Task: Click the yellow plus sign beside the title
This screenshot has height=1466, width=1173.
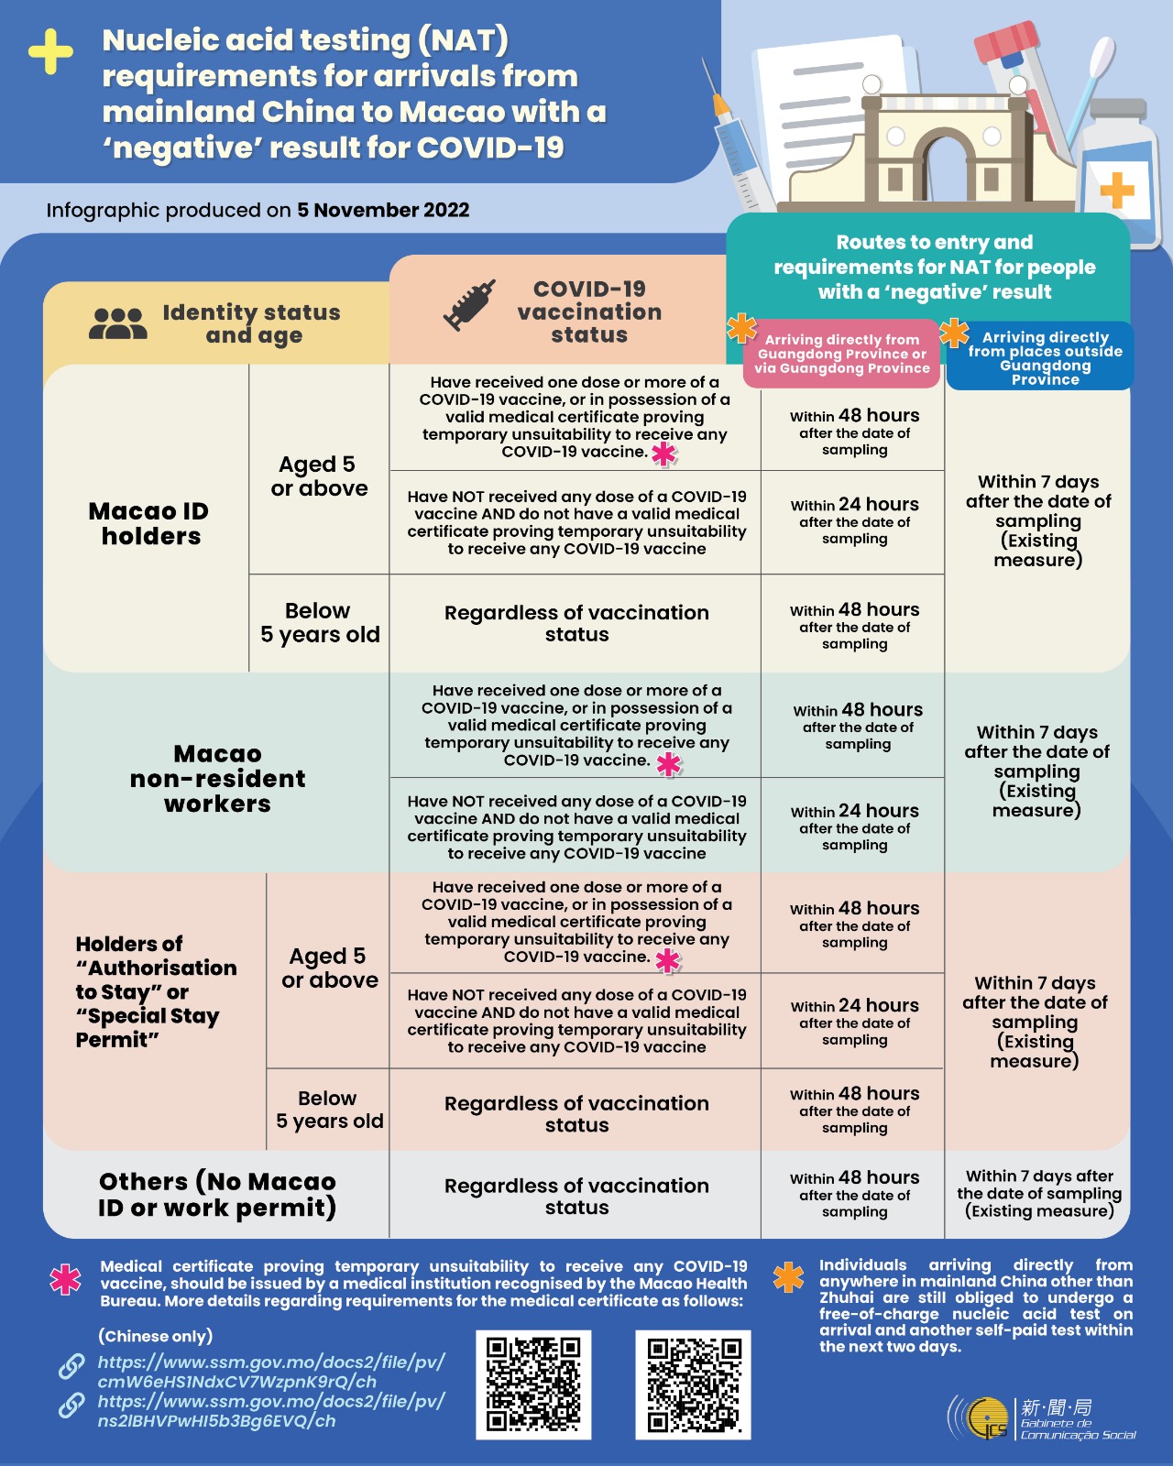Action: [x=50, y=52]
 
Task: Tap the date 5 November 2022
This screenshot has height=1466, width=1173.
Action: [x=383, y=210]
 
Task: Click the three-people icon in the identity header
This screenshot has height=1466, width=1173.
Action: [x=118, y=323]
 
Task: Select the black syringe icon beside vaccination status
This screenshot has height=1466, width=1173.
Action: [x=469, y=305]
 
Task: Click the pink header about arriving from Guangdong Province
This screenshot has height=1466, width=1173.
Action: [x=842, y=354]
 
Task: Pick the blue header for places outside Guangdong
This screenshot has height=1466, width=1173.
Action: [x=1041, y=357]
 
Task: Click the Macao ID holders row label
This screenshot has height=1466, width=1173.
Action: [x=149, y=523]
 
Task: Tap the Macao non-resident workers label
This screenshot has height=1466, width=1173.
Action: [x=218, y=779]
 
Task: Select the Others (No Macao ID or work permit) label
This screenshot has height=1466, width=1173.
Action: [x=217, y=1195]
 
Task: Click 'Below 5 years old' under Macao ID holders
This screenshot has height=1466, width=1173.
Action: [x=320, y=623]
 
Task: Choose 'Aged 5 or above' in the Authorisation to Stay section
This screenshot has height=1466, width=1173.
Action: [x=329, y=968]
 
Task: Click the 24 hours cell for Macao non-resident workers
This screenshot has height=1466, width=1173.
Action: [x=854, y=826]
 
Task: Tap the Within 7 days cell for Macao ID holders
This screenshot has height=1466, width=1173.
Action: [x=1038, y=520]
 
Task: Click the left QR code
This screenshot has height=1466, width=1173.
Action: [x=533, y=1384]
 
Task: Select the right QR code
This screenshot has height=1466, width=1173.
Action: [x=694, y=1384]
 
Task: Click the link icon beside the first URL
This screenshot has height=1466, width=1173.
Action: [x=72, y=1366]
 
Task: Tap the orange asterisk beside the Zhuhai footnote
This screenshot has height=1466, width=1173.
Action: [x=789, y=1277]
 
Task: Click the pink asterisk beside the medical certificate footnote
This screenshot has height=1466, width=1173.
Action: [x=65, y=1279]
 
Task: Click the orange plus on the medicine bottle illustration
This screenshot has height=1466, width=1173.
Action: [x=1116, y=191]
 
